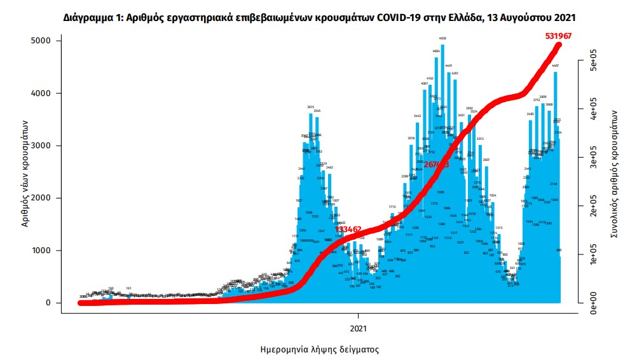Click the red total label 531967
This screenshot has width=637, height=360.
click(558, 36)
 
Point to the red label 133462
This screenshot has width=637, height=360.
click(349, 229)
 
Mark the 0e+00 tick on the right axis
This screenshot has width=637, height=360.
click(588, 303)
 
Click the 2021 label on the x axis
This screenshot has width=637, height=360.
click(359, 328)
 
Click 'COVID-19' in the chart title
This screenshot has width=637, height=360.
click(397, 17)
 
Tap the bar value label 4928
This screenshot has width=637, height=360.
click(443, 39)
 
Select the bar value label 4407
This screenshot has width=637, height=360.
click(555, 66)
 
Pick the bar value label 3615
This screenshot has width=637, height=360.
click(311, 107)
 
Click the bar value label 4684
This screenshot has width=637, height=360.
click(436, 51)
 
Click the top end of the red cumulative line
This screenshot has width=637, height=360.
click(559, 44)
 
